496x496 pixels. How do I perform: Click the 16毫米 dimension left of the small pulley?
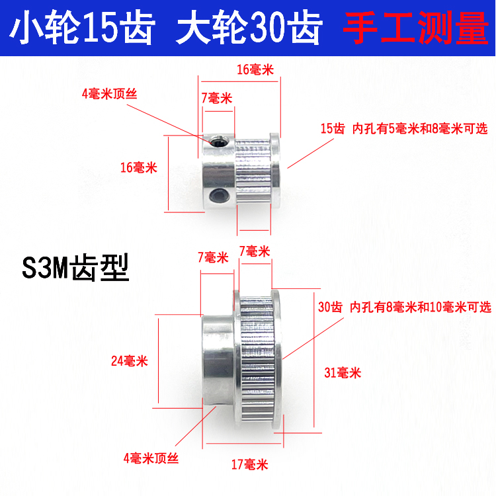click(x=138, y=167)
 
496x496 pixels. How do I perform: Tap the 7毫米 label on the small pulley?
click(x=216, y=99)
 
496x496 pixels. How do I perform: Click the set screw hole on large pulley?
click(x=216, y=411)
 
